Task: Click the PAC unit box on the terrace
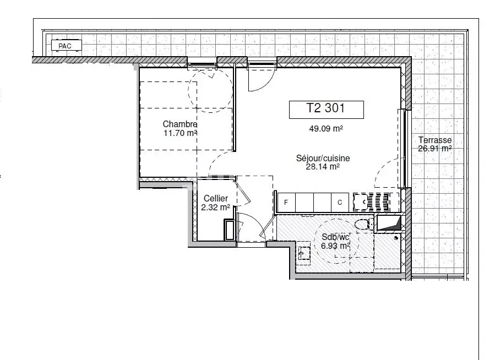pos(66,45)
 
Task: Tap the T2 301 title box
pos(327,110)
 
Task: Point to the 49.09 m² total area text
pos(326,129)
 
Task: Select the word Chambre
pos(180,124)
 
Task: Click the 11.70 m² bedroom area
pos(180,133)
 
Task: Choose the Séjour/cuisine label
pos(323,158)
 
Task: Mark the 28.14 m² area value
pos(323,167)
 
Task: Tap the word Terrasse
pos(435,140)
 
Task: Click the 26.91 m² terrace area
pos(434,148)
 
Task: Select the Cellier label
pos(216,199)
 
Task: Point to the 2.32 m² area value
pos(216,208)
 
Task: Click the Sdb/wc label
pos(335,237)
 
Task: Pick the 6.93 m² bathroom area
pos(335,246)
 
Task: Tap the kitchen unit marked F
pos(286,203)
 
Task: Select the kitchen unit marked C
pos(340,203)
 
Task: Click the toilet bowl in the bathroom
pos(363,225)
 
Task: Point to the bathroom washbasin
pos(304,253)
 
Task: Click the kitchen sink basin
pos(360,202)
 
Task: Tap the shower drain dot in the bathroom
pos(396,238)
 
